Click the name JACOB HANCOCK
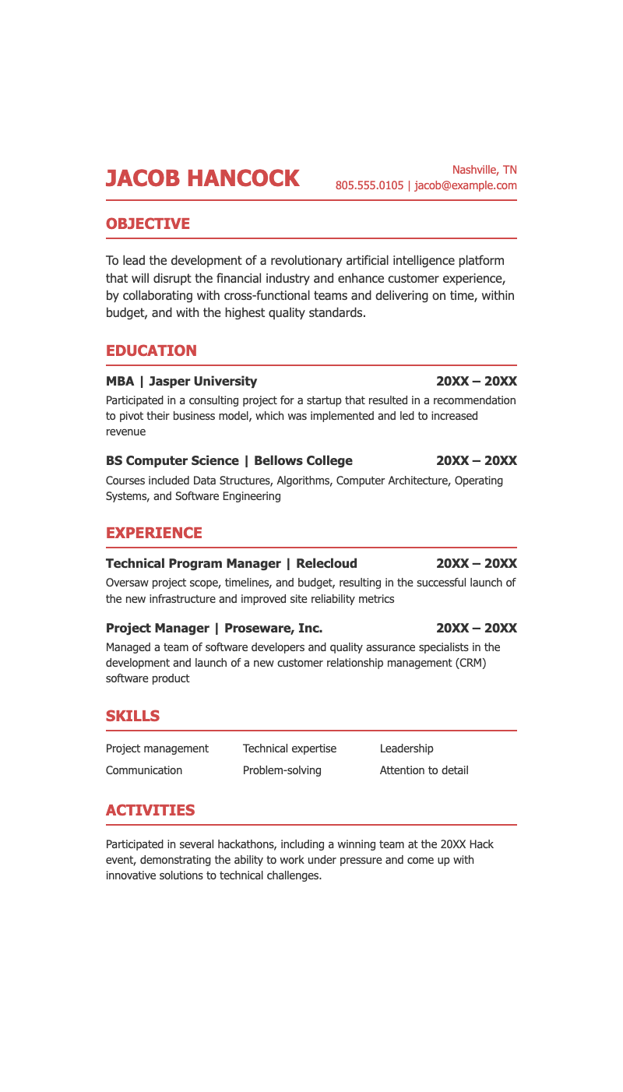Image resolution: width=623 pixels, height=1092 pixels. pos(202,178)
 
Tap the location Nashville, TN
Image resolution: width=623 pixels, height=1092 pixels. pos(484,170)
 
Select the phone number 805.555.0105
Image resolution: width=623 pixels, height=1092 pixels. pos(369,185)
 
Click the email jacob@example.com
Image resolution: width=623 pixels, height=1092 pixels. pos(466,185)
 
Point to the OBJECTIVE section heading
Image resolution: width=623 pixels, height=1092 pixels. pos(148,224)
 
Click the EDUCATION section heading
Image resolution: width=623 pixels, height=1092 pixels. pos(151,350)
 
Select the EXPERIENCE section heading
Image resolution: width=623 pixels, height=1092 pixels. pos(154,533)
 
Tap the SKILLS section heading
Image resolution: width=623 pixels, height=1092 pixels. pos(132,716)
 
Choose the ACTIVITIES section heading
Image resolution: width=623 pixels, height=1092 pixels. pos(150,810)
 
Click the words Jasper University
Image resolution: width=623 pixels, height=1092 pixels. pos(202,381)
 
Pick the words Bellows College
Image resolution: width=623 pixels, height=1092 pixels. pos(303,460)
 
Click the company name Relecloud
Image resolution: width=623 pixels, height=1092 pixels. pos(326,563)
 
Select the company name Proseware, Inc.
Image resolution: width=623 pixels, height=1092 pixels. pos(273,628)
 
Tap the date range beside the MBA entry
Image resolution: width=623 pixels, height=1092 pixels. pos(477,381)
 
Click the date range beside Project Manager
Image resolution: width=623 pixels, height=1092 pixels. pos(477,628)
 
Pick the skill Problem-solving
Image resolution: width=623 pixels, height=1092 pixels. pos(282,770)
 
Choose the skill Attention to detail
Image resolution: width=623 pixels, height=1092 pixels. pos(424,770)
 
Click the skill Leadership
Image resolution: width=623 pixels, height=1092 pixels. pos(407,749)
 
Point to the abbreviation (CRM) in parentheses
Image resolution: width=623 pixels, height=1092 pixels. pos(468,663)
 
